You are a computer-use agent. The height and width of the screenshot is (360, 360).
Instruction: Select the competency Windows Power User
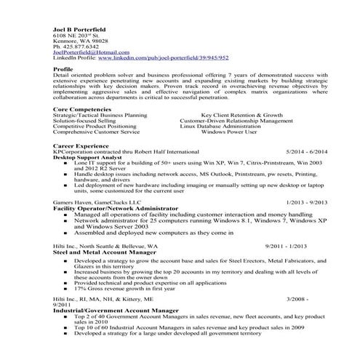[x=229, y=132]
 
